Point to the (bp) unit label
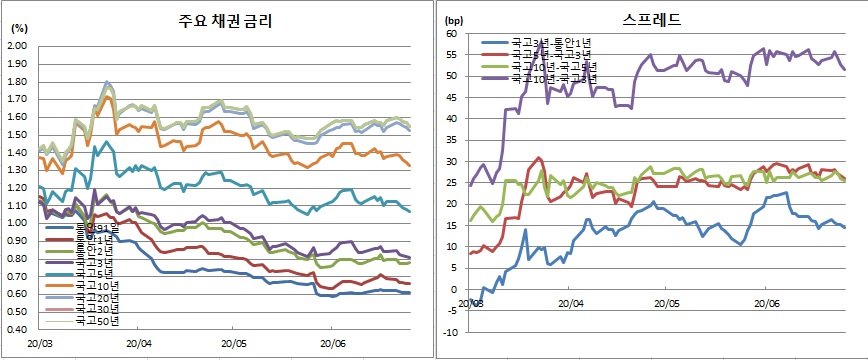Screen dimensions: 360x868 pyautogui.click(x=454, y=20)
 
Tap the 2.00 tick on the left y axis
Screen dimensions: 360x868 pyautogui.click(x=18, y=47)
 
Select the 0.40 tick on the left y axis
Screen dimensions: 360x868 pyautogui.click(x=18, y=328)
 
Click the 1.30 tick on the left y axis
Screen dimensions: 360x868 pyautogui.click(x=18, y=170)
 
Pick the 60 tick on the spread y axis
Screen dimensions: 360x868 pyautogui.click(x=451, y=34)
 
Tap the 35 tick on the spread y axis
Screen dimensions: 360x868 pyautogui.click(x=451, y=140)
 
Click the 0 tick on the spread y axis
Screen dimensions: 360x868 pyautogui.click(x=454, y=289)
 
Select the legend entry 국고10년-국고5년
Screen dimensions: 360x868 pyautogui.click(x=551, y=66)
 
